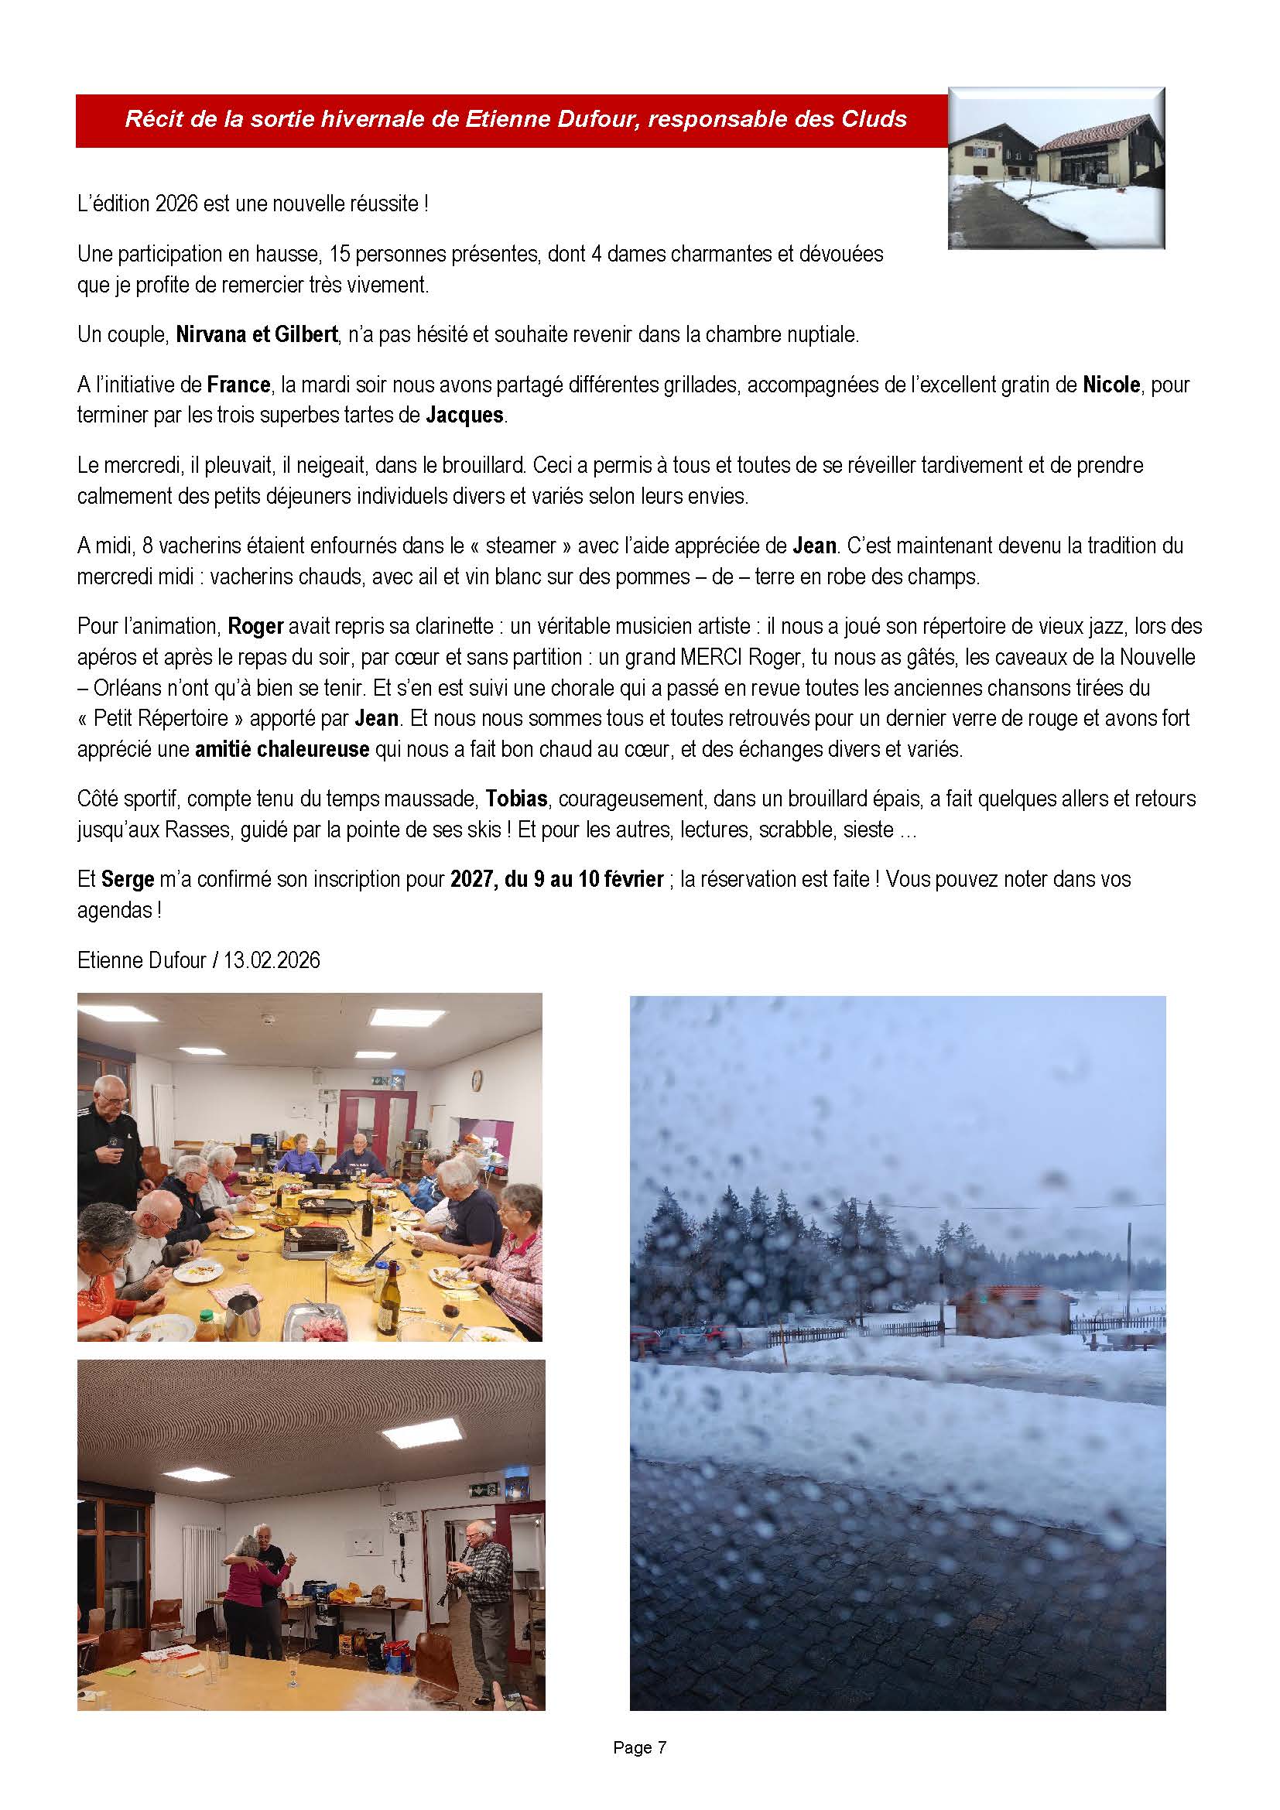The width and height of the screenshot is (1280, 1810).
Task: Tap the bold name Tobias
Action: pyautogui.click(x=516, y=799)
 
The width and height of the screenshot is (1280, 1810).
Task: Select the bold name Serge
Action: pyautogui.click(x=127, y=879)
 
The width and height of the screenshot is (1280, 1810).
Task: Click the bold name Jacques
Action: pyautogui.click(x=464, y=415)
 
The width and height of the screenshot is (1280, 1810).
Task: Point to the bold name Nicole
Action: pyautogui.click(x=1111, y=385)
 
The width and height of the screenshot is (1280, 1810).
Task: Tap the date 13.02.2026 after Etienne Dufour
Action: pyautogui.click(x=271, y=960)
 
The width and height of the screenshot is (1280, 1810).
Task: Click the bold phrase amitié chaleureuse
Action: pyautogui.click(x=282, y=749)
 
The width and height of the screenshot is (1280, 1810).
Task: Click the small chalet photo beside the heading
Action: pyautogui.click(x=1056, y=169)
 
